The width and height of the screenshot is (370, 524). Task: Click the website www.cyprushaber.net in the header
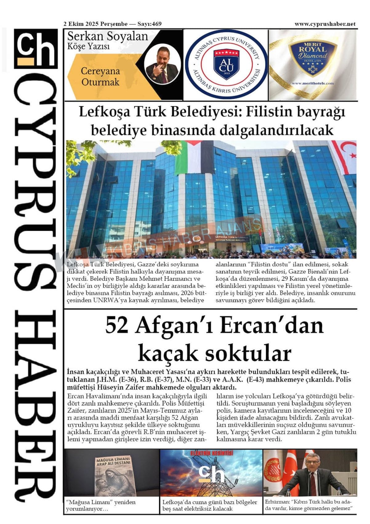[x=325, y=24]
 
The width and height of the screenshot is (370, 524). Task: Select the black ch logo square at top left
[x=36, y=48]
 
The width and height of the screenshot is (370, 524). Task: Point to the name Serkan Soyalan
[x=107, y=36]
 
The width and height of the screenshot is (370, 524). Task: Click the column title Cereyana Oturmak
[x=100, y=76]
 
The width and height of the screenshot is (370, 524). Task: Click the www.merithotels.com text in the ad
[x=312, y=83]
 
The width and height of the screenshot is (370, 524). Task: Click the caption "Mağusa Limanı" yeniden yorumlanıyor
[x=101, y=505]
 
